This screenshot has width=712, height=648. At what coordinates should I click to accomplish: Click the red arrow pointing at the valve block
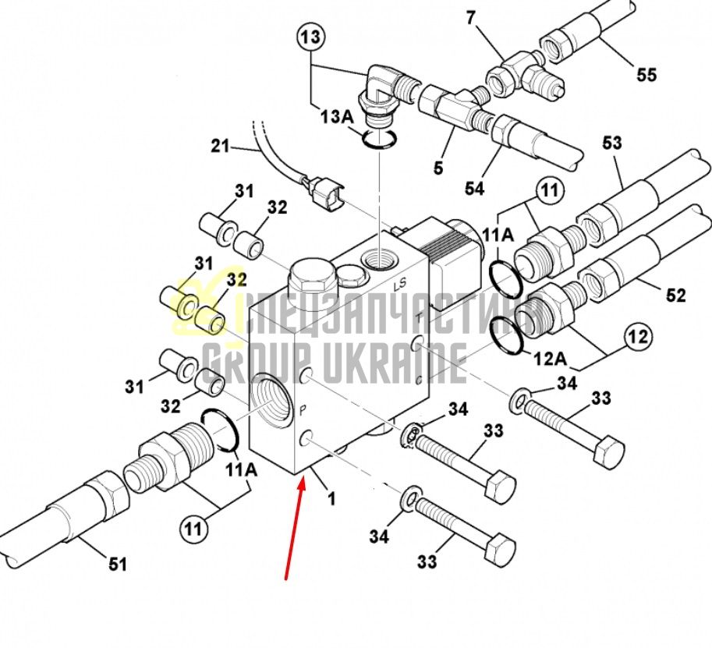[x=295, y=530]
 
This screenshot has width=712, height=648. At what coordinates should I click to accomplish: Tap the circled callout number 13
[x=311, y=37]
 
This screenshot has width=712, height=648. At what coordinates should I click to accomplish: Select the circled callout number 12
[x=639, y=338]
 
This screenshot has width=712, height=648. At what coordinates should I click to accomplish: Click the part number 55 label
[x=646, y=74]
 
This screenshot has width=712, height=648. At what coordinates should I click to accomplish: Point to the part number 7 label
[x=470, y=18]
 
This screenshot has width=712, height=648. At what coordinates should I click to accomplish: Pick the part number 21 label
[x=220, y=147]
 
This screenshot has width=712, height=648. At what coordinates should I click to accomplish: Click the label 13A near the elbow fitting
[x=336, y=116]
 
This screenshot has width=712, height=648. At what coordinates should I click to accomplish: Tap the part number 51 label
[x=117, y=564]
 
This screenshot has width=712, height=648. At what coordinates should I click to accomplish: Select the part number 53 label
[x=611, y=143]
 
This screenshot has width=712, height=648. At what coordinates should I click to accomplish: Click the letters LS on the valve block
[x=400, y=285]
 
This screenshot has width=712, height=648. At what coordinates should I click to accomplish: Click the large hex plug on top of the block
[x=311, y=278]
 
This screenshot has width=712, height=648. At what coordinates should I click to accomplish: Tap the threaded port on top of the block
[x=379, y=261]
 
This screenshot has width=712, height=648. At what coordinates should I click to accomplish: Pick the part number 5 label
[x=437, y=167]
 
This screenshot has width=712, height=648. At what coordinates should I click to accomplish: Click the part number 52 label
[x=675, y=296]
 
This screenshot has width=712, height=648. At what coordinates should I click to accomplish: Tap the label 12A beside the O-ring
[x=551, y=359]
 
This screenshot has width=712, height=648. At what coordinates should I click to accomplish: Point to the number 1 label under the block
[x=332, y=498]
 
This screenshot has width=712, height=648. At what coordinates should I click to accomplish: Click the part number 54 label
[x=474, y=188]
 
